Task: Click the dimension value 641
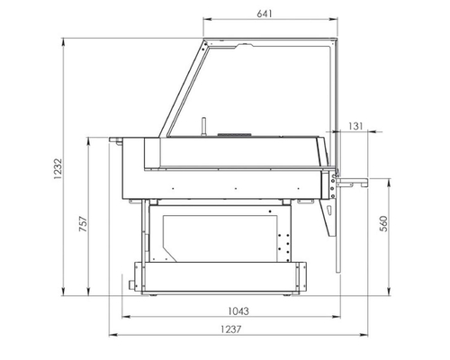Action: [x=263, y=14]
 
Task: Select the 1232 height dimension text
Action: [x=55, y=168]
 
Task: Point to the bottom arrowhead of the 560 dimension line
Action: [x=390, y=295]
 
